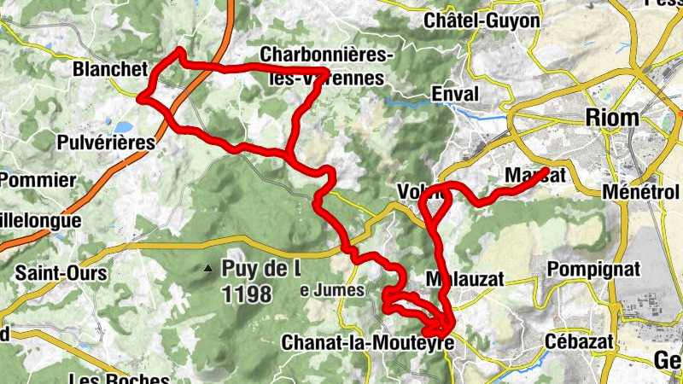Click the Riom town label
pyautogui.click(x=612, y=119)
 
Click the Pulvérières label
pyautogui.click(x=107, y=143)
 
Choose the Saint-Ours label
pyautogui.click(x=61, y=274)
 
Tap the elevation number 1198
pyautogui.click(x=246, y=295)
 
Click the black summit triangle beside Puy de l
pyautogui.click(x=207, y=270)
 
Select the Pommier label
pyautogui.click(x=38, y=180)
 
